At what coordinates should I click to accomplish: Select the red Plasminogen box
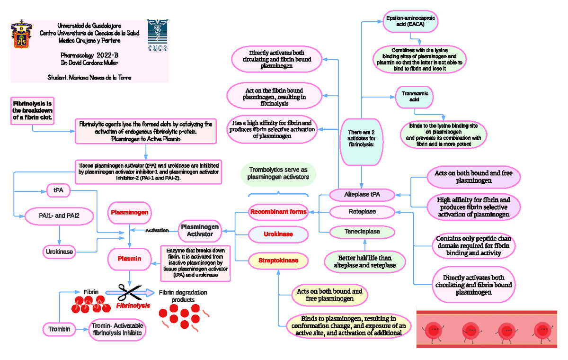[129, 213]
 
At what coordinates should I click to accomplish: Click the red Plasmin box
[129, 258]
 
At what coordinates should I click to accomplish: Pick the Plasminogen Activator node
[200, 230]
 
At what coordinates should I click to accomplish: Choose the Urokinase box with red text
[278, 234]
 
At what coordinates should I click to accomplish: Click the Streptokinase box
[278, 261]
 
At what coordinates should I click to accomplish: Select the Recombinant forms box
[278, 212]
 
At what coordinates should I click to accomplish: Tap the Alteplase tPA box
[362, 194]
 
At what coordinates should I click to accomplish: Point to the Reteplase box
[362, 212]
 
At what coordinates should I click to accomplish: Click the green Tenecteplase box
[362, 232]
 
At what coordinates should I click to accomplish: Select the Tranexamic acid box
[414, 97]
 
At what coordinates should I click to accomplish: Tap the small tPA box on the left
[58, 190]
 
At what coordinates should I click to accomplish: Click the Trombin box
[59, 329]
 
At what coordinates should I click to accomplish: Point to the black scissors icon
[129, 293]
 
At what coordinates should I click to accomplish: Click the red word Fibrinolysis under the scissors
[133, 306]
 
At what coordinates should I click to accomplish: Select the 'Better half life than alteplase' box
[364, 261]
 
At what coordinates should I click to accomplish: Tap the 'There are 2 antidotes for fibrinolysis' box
[361, 138]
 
